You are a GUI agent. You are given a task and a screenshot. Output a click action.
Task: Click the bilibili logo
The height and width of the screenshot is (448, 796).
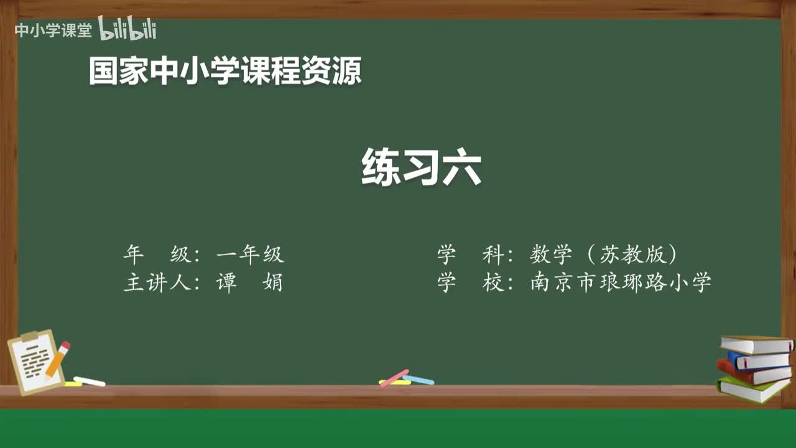pyautogui.click(x=127, y=29)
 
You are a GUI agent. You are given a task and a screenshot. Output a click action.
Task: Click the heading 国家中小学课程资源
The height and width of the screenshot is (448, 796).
pyautogui.click(x=225, y=71)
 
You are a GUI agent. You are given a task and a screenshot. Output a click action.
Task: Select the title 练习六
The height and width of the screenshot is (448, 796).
pyautogui.click(x=421, y=167)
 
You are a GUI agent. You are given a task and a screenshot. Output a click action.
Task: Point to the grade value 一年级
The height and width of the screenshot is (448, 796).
pyautogui.click(x=250, y=254)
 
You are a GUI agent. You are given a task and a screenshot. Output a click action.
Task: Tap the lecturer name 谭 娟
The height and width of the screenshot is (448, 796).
pyautogui.click(x=249, y=282)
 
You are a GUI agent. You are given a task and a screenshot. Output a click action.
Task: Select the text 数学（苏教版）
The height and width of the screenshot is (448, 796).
pyautogui.click(x=603, y=254)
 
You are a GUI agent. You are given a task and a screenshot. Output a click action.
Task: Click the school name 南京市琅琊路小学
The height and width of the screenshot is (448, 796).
pyautogui.click(x=621, y=282)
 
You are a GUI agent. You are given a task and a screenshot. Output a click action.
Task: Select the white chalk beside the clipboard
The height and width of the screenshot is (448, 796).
pyautogui.click(x=89, y=381)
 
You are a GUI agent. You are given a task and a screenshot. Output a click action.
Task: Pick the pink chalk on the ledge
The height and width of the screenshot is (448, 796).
pyautogui.click(x=394, y=378)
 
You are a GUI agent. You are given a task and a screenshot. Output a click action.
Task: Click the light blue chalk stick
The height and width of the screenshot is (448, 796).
pyautogui.click(x=419, y=380)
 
